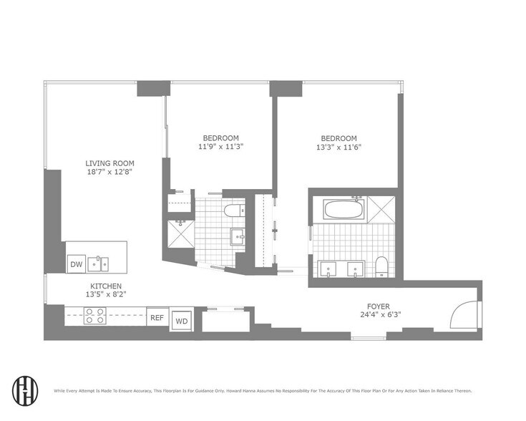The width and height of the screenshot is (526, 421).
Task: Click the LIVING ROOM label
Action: [109, 163]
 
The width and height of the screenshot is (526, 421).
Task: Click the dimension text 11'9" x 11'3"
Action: [220, 147]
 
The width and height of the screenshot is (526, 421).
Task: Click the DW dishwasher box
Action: [76, 264]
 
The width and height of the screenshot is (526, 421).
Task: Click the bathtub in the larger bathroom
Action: [344, 210]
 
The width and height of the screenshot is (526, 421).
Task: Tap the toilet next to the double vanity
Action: [381, 266]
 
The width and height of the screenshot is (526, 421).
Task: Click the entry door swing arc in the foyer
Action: [461, 313]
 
